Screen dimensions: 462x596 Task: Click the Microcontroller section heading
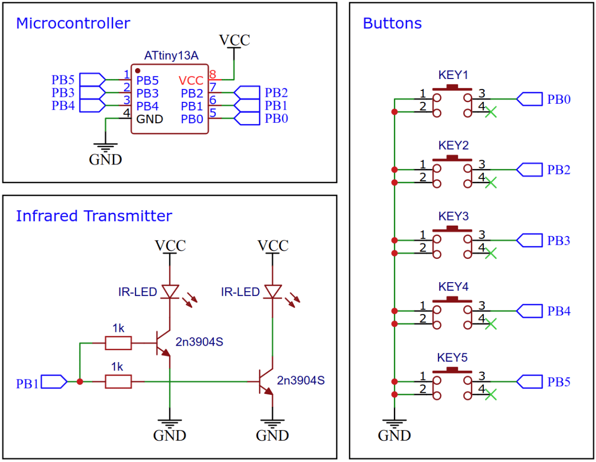tap(73, 23)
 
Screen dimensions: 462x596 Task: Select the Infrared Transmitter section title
tap(94, 216)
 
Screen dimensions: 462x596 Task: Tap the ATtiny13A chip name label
tap(170, 56)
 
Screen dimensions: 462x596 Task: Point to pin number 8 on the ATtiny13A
tap(213, 75)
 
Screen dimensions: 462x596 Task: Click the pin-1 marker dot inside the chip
tap(138, 71)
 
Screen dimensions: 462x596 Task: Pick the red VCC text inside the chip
tap(191, 80)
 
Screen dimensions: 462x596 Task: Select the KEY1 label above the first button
tap(453, 75)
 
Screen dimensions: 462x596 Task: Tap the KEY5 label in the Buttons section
tap(453, 358)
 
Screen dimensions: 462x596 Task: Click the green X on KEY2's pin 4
tap(490, 183)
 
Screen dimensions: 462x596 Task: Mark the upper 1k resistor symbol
tap(118, 343)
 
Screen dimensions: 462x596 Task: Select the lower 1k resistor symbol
tap(118, 382)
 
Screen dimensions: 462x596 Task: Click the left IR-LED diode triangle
tap(170, 292)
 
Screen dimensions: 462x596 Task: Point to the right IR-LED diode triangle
tap(273, 292)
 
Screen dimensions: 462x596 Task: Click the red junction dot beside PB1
tap(79, 382)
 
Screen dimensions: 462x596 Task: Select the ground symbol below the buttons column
tap(394, 426)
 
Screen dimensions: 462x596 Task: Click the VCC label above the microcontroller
tap(234, 40)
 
